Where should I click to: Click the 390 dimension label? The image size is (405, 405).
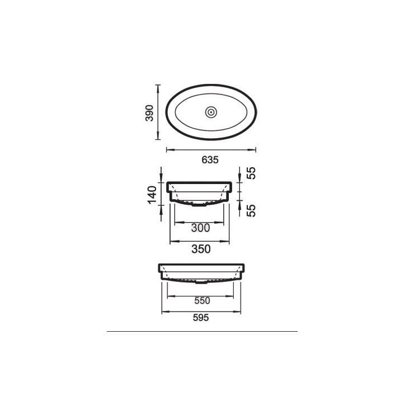(149, 113)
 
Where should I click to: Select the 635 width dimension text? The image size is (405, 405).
(210, 160)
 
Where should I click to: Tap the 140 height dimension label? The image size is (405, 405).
(152, 195)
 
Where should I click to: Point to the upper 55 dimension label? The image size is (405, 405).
(251, 173)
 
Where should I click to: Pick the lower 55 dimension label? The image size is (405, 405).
(251, 210)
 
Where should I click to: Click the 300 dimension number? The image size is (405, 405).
(200, 228)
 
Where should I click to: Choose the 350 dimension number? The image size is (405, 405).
(201, 249)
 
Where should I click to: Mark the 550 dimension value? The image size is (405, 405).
(202, 300)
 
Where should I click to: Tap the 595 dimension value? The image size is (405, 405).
(201, 318)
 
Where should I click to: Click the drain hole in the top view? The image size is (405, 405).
(211, 112)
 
